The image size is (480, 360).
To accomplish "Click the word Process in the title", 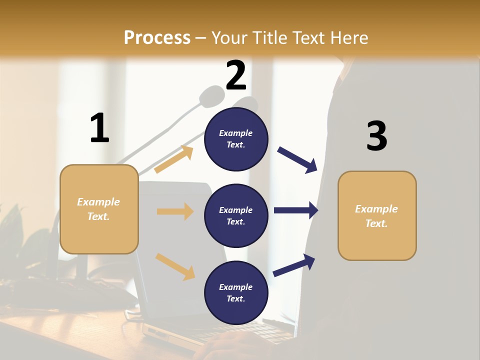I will (x=157, y=38).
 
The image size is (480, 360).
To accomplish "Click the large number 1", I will (x=99, y=128).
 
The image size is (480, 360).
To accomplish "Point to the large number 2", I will (x=236, y=76).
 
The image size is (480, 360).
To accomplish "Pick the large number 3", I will (x=376, y=136).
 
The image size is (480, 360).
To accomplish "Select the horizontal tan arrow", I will (x=175, y=211).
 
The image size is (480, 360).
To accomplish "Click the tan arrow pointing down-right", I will (x=175, y=266).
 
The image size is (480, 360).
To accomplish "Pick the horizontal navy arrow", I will (x=296, y=210).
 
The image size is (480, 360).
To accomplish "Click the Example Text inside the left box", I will (x=98, y=209).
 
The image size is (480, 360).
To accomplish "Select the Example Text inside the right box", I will (x=376, y=216).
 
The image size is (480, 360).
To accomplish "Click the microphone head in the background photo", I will (x=212, y=95).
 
